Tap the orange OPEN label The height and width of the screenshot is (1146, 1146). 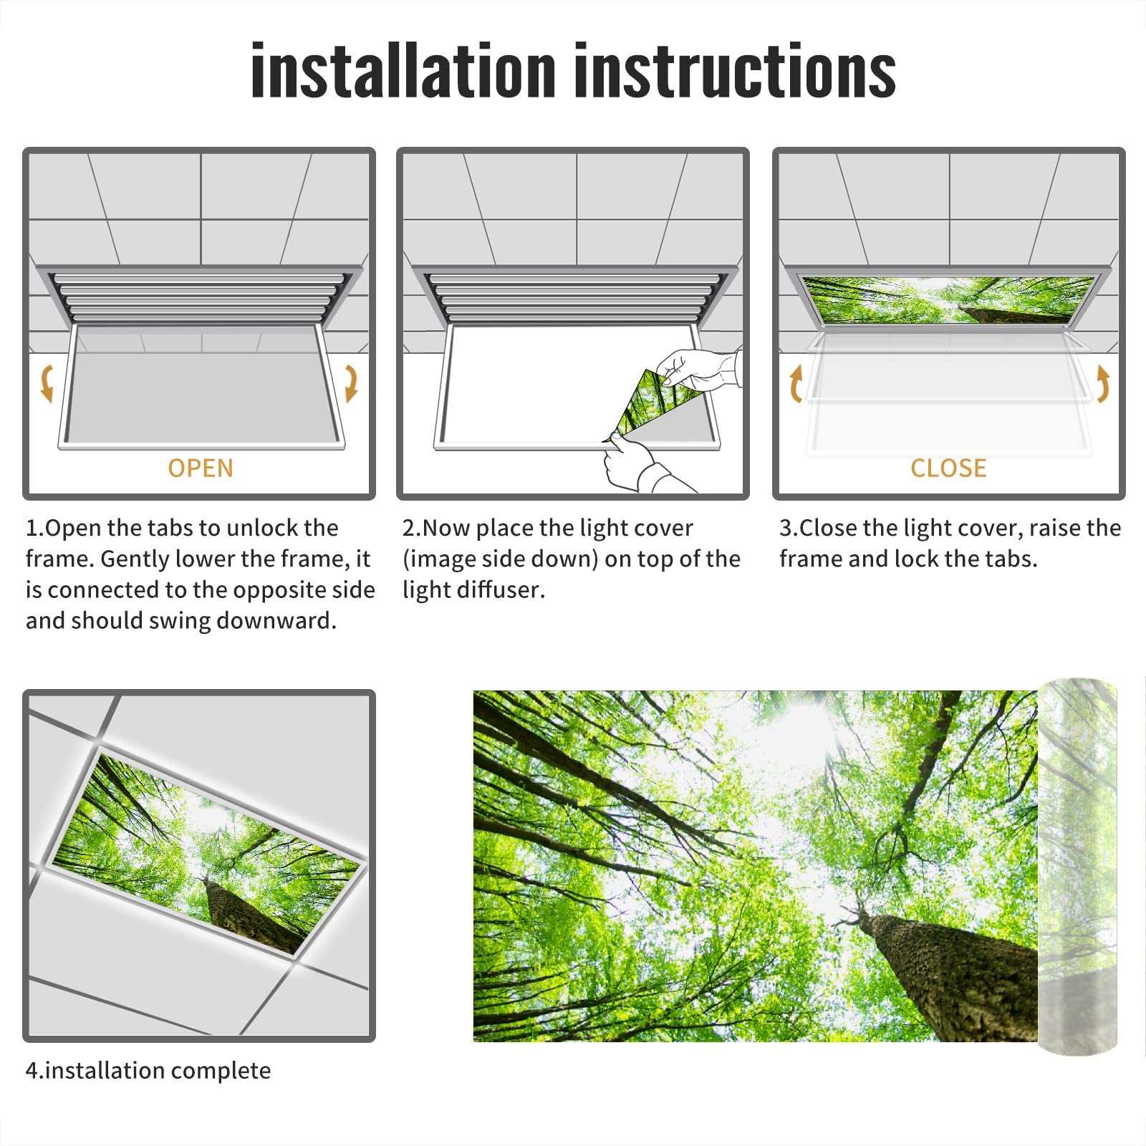point(201,468)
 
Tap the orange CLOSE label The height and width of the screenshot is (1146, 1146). point(948,468)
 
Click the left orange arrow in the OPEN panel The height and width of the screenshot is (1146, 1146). point(47,382)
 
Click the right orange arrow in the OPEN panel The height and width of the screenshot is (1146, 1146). point(351,382)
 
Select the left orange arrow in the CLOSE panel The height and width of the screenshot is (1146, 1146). point(796,384)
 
